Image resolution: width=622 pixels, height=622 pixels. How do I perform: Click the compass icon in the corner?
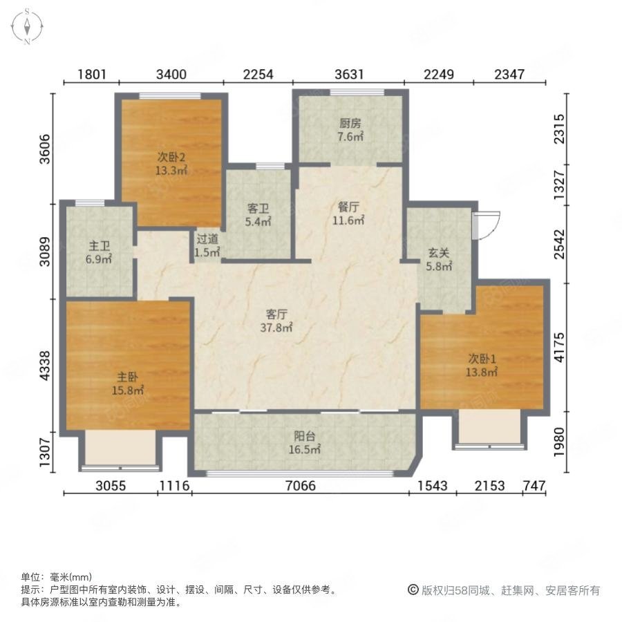pos(26,26)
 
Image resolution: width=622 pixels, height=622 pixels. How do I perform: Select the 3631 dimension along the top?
pos(349,73)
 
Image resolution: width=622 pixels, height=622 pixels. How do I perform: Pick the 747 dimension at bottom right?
pos(533,486)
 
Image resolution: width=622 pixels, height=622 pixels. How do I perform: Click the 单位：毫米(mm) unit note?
pos(57,577)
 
